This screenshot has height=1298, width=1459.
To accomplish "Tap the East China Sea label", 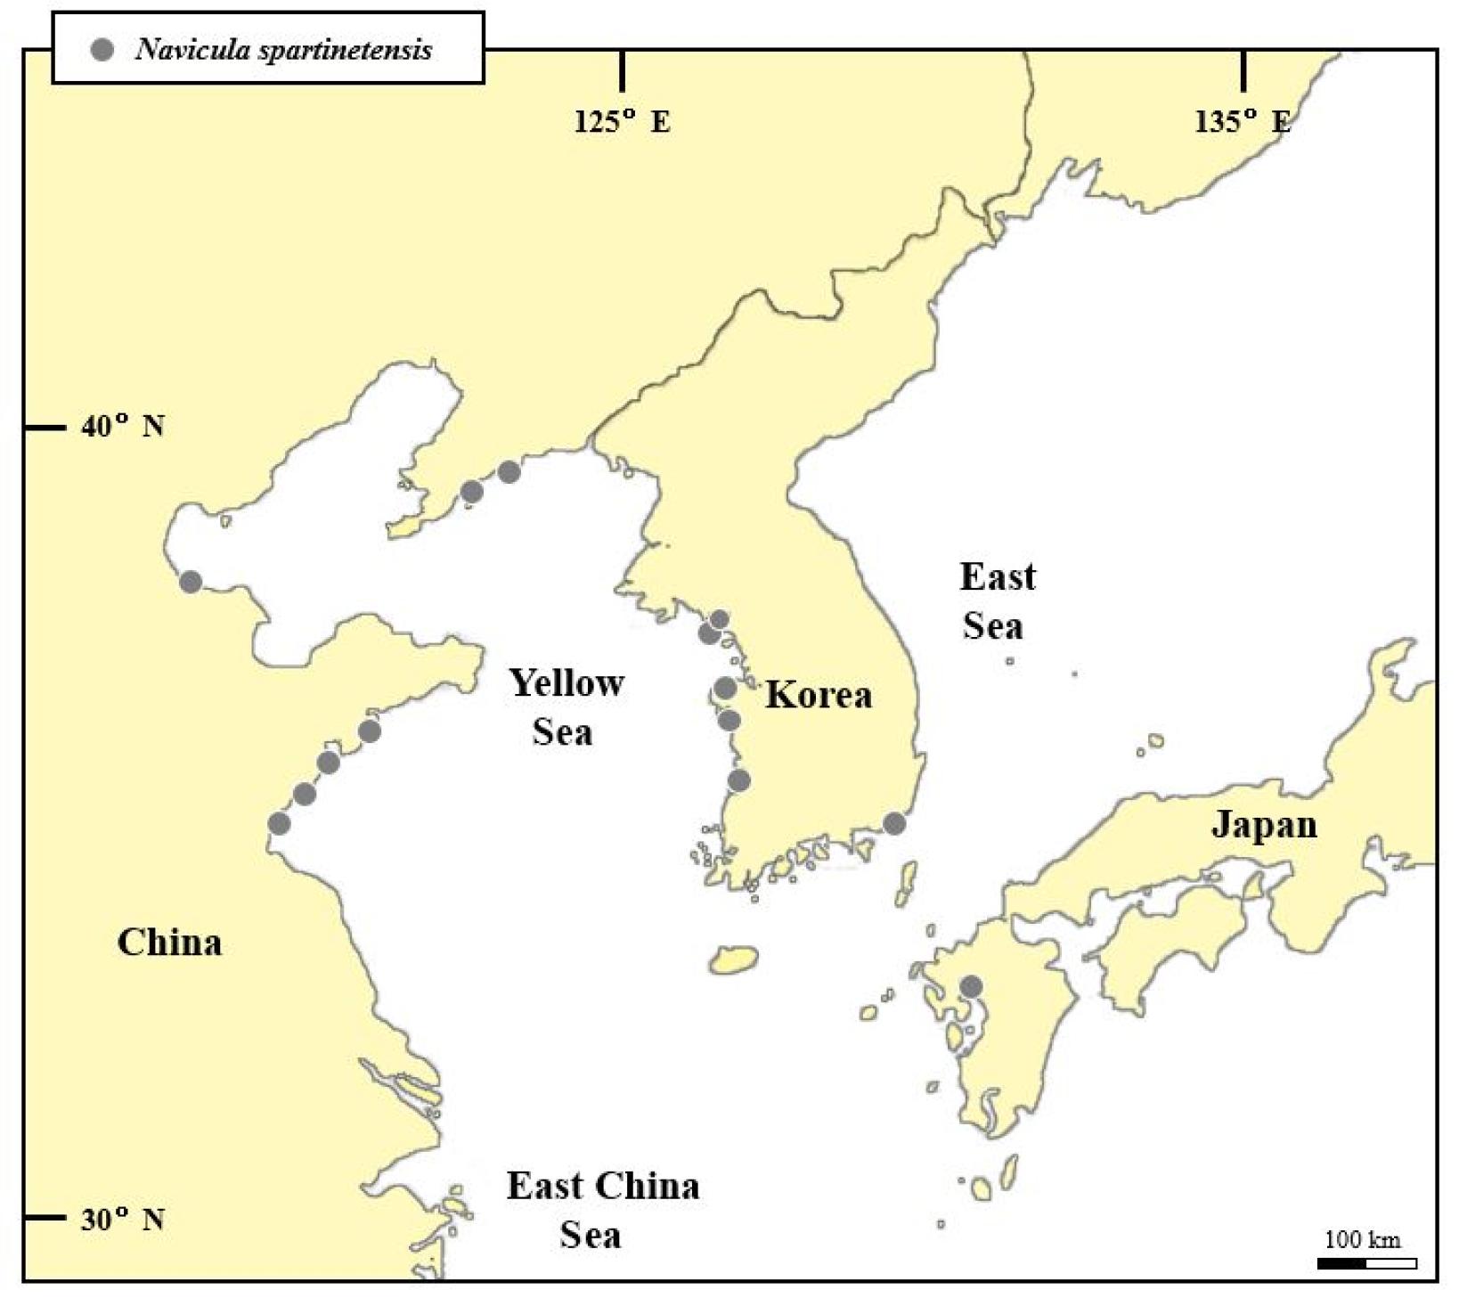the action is pos(602,1210).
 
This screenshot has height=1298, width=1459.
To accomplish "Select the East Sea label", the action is pos(996,601).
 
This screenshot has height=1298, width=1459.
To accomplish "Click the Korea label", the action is pos(818,695).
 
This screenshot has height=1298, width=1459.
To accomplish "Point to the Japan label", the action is pos(1263,825).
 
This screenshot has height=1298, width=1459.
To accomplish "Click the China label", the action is pos(169,943).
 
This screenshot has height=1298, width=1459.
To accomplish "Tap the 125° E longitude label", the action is pos(622,121).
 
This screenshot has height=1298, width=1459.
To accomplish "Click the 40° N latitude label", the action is pos(123,427).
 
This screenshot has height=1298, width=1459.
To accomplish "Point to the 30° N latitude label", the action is pos(123,1219).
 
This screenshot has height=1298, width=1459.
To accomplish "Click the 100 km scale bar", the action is pos(1366,1262).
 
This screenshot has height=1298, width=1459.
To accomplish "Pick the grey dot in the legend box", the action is pos(103,50).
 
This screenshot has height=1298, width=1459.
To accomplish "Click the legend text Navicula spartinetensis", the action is pos(283,50).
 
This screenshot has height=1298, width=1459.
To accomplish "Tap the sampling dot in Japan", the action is pos(971,987).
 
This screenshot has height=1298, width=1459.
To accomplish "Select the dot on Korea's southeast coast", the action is pos(894,824).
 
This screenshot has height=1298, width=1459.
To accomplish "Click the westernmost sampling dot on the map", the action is pos(190,582).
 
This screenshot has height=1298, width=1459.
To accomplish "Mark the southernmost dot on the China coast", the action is pos(279,823).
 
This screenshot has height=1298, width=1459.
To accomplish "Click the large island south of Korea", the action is pos(735,960).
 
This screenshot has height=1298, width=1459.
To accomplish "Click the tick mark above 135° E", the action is pos(1243,70).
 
